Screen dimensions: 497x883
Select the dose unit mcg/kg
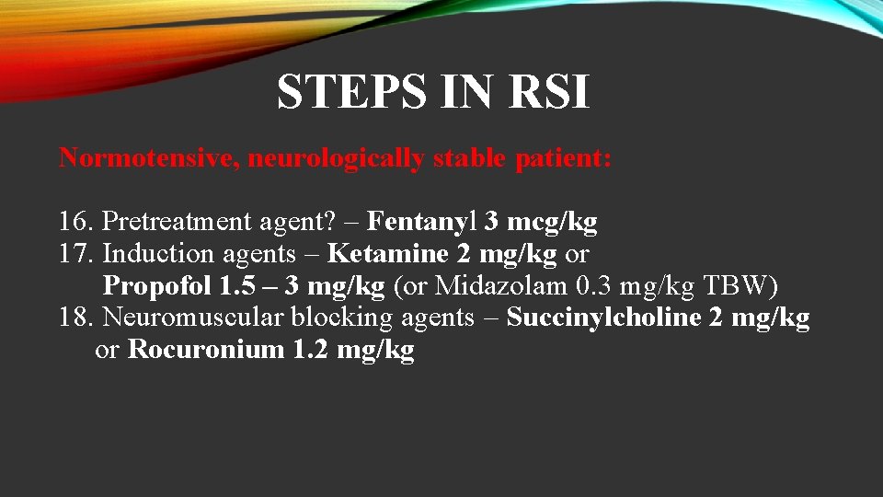[x=553, y=222]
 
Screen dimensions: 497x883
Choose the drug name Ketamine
[x=388, y=254]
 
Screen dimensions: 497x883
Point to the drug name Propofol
[x=157, y=286]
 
